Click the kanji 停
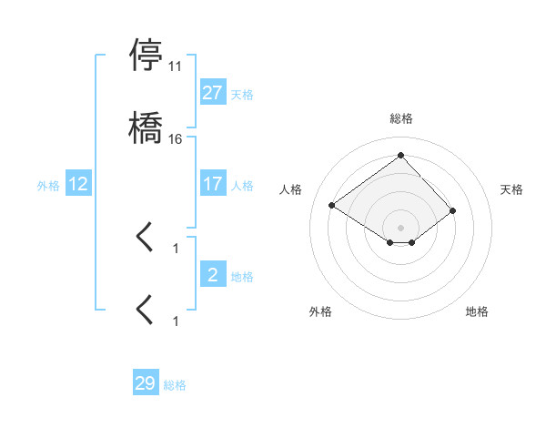pyautogui.click(x=147, y=55)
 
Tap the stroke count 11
pyautogui.click(x=176, y=66)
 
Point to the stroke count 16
pyautogui.click(x=176, y=139)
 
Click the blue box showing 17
pyautogui.click(x=212, y=184)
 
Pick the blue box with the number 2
pyautogui.click(x=212, y=275)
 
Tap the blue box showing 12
pyautogui.click(x=78, y=184)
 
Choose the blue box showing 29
pyautogui.click(x=146, y=383)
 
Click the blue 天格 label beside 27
pyautogui.click(x=242, y=95)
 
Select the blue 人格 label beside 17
pyautogui.click(x=242, y=185)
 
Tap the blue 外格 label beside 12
pyautogui.click(x=48, y=185)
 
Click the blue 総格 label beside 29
pyautogui.click(x=176, y=385)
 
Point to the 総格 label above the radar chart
pyautogui.click(x=401, y=119)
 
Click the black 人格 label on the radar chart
pyautogui.click(x=290, y=189)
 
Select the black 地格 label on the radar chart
pyautogui.click(x=477, y=311)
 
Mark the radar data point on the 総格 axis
pyautogui.click(x=400, y=155)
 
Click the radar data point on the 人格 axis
pyautogui.click(x=332, y=205)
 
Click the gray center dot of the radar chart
pyautogui.click(x=400, y=227)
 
